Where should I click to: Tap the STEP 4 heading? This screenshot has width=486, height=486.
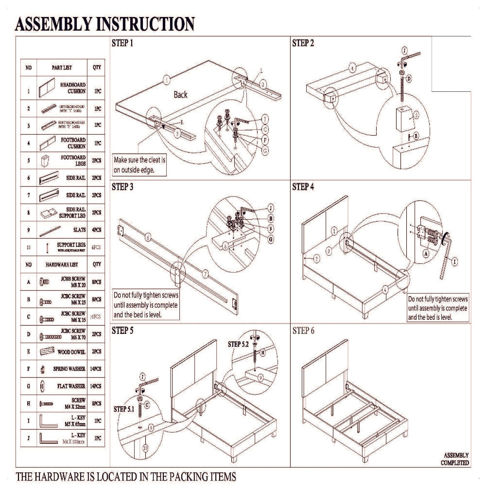click(303, 187)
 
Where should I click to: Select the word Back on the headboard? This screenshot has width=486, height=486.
click(180, 95)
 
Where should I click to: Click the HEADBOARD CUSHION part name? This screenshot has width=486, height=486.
click(73, 88)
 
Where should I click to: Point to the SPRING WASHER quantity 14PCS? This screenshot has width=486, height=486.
click(97, 369)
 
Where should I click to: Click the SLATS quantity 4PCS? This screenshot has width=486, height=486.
click(97, 229)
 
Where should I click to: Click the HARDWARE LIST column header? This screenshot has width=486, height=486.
click(62, 265)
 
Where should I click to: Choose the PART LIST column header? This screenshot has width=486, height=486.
click(62, 68)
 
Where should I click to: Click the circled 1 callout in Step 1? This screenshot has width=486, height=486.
click(167, 80)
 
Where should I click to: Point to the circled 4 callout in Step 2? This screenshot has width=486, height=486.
click(352, 68)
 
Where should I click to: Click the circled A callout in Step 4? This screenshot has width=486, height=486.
click(426, 253)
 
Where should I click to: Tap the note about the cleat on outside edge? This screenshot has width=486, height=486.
click(140, 165)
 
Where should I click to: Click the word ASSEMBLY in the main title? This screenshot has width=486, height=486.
click(55, 24)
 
